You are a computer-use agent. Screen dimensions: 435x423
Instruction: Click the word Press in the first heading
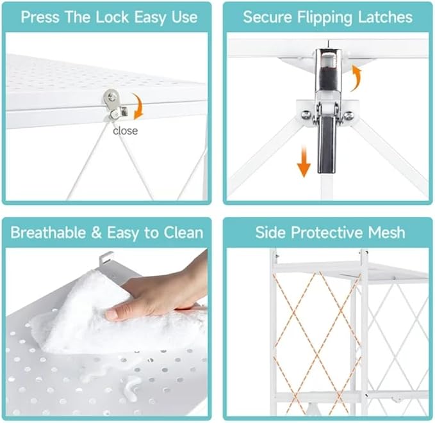[x=40, y=17]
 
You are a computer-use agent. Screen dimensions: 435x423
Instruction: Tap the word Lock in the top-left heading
[x=112, y=17]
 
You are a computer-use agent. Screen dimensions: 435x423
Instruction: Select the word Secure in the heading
[x=267, y=17]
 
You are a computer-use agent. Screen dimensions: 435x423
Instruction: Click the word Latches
[x=385, y=17]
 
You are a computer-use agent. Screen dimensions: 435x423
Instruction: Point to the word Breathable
[x=48, y=232]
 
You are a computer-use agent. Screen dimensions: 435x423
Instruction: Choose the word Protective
[x=327, y=232]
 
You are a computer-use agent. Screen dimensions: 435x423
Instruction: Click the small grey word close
[x=125, y=131]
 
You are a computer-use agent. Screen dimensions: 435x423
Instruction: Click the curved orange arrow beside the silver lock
[x=140, y=107]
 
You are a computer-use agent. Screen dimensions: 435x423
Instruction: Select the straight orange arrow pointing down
[x=304, y=162]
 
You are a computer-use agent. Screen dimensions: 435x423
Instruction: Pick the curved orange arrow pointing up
[x=356, y=77]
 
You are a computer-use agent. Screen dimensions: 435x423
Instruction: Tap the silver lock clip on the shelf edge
[x=115, y=106]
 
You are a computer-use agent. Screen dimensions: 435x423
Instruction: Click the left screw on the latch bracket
[x=306, y=115]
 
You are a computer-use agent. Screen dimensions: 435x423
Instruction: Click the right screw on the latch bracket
[x=348, y=115]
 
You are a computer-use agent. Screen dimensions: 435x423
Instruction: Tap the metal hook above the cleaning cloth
[x=106, y=259]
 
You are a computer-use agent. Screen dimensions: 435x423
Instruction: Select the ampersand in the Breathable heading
[x=96, y=232]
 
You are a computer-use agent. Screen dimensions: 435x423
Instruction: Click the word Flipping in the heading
[x=325, y=18]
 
